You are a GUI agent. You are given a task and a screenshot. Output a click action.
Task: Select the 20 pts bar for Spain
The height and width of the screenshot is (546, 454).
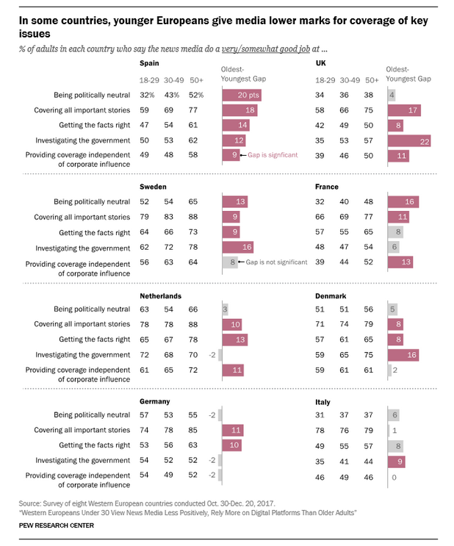click(x=246, y=95)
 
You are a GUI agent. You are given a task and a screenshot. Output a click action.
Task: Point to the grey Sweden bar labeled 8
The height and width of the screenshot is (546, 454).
click(x=230, y=262)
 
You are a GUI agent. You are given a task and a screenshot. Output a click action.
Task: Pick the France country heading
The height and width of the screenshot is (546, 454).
click(x=326, y=187)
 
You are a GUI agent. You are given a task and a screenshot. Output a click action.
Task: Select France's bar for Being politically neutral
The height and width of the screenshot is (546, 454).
click(x=406, y=201)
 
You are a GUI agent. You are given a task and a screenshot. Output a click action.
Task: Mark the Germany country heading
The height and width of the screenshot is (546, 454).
click(x=155, y=401)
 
